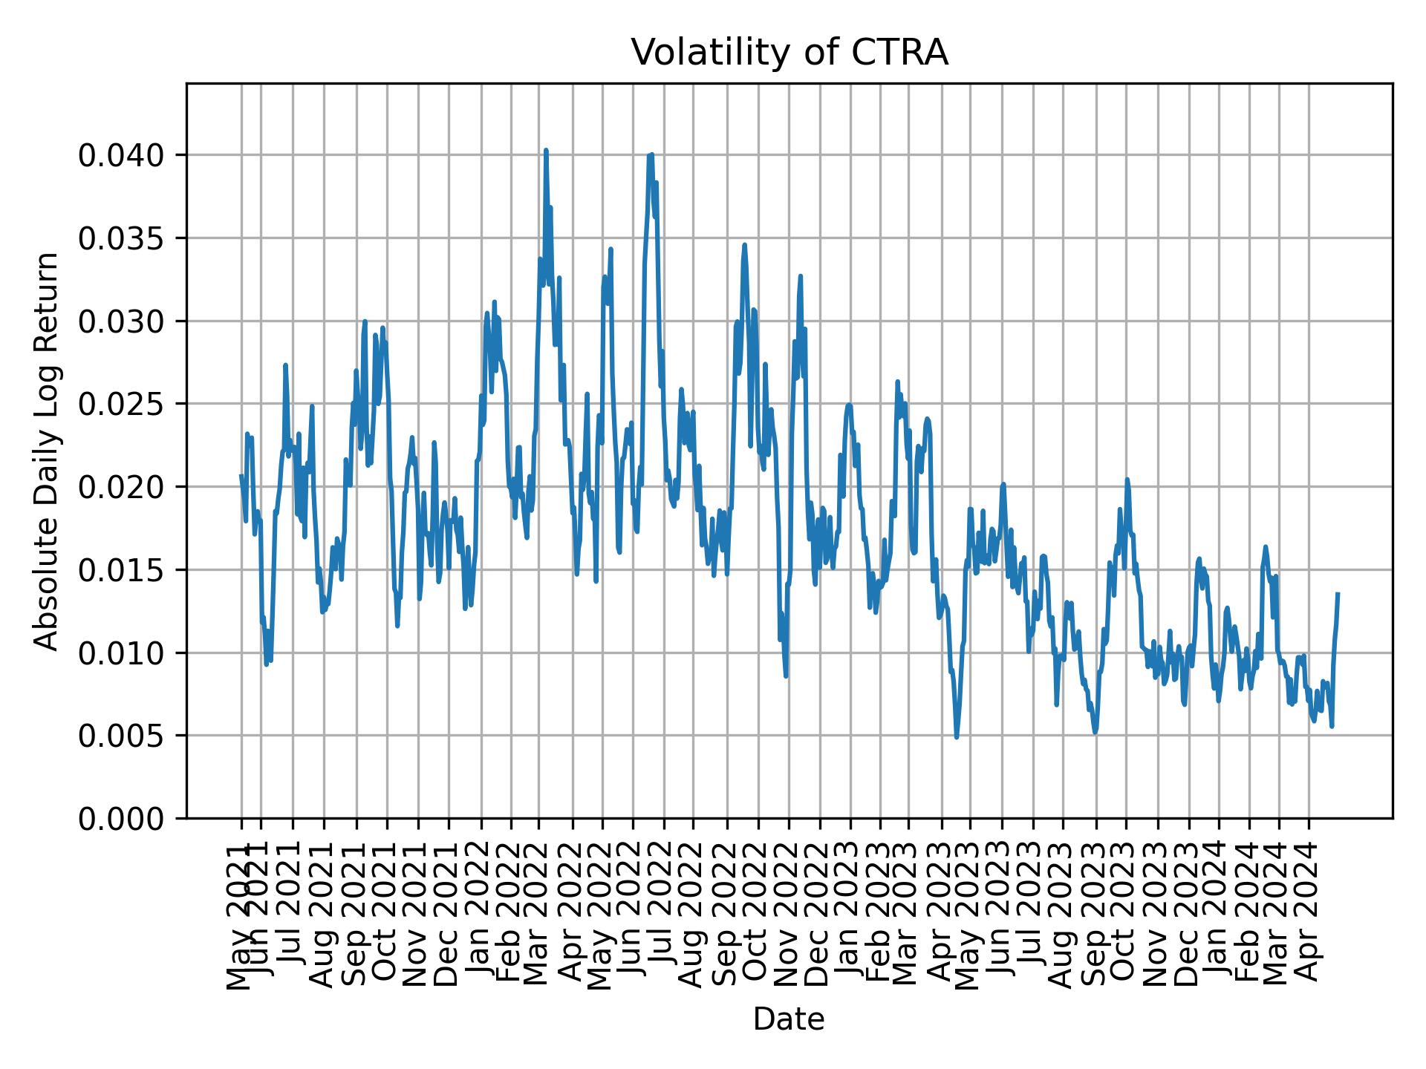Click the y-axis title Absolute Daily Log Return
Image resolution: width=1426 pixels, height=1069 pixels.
(48, 451)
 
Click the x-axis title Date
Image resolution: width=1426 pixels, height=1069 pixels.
(789, 1020)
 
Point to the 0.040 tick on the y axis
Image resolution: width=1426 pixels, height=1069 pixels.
(123, 155)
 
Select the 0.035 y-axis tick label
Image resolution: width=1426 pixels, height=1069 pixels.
(123, 238)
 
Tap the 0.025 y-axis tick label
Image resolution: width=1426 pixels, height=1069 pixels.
(123, 404)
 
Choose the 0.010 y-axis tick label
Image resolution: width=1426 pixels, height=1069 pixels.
(123, 653)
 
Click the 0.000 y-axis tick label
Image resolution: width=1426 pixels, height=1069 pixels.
(123, 819)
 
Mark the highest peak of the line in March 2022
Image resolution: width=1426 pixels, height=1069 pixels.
(546, 150)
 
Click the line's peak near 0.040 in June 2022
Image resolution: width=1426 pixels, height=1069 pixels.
(651, 154)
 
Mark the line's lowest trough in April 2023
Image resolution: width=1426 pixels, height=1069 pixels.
(957, 737)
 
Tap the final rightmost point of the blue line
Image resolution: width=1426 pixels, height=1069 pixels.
(1338, 593)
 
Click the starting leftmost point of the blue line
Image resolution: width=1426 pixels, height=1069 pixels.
(241, 475)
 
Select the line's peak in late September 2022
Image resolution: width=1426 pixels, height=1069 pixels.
(744, 244)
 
